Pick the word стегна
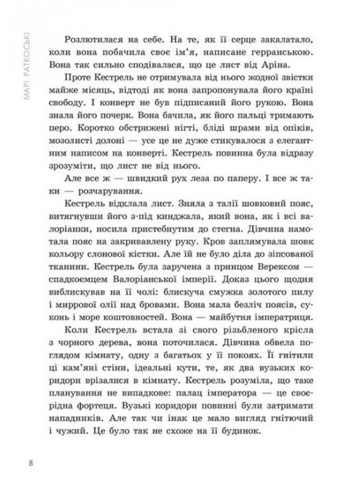(x=242, y=245)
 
